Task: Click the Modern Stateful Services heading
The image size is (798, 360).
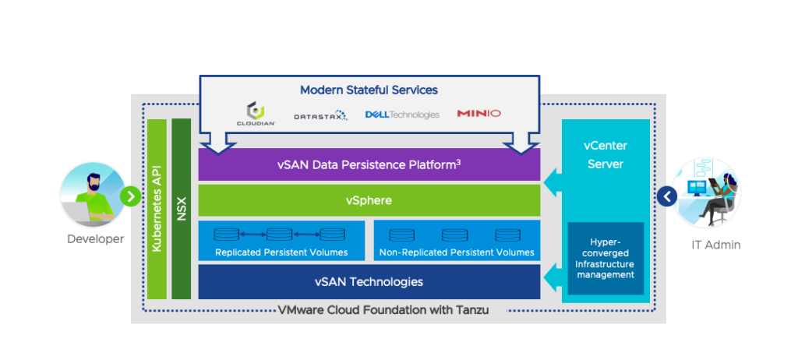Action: [369, 90]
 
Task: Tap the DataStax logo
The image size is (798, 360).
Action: [320, 115]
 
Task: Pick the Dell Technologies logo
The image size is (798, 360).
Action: [402, 115]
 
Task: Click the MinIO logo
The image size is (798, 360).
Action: [478, 114]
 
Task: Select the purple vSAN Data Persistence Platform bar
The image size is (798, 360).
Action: [369, 164]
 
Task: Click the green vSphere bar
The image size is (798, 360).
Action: [369, 200]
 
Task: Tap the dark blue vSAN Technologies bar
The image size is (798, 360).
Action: [369, 281]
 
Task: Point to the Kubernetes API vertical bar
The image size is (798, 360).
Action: [157, 209]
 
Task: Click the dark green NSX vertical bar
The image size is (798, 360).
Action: [182, 209]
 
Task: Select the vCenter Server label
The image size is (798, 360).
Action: [605, 154]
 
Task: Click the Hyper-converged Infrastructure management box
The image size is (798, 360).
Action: [606, 258]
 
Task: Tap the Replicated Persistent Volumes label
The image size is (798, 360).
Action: [281, 252]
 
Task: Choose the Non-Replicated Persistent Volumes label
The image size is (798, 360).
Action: [457, 252]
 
